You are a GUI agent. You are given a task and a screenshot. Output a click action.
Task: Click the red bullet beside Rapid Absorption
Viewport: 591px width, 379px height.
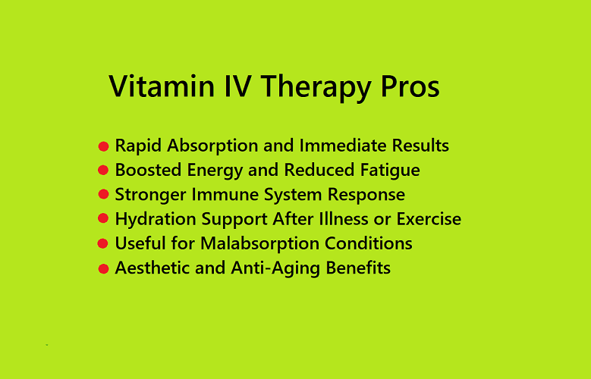(x=103, y=146)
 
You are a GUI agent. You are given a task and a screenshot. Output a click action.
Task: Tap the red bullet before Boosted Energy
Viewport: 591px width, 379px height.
(x=103, y=171)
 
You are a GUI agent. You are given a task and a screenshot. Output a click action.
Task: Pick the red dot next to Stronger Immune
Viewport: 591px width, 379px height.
(x=103, y=195)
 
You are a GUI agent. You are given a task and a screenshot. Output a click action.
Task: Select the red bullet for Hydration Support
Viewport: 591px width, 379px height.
(x=103, y=219)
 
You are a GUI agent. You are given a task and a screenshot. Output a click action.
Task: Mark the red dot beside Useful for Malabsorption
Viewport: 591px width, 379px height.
(x=103, y=244)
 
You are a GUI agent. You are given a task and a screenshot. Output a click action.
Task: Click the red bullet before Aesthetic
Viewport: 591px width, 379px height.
(x=103, y=268)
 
